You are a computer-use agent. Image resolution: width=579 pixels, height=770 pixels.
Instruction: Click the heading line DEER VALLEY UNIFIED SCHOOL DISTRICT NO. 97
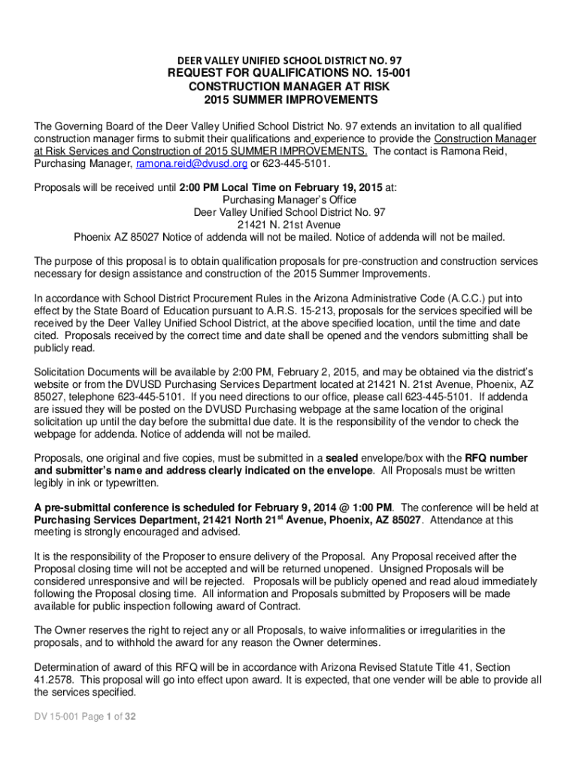[x=289, y=59]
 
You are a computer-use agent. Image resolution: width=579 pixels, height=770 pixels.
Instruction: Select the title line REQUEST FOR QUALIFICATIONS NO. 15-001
[x=289, y=74]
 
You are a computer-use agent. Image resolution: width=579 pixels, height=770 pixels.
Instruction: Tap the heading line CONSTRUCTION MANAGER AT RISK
[x=289, y=87]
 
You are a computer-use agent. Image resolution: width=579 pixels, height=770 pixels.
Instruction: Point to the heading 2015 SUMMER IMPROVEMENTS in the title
[x=289, y=100]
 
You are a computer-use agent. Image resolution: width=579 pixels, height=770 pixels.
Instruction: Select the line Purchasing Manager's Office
[x=289, y=200]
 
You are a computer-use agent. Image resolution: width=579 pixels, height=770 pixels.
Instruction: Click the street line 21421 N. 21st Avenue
[x=289, y=225]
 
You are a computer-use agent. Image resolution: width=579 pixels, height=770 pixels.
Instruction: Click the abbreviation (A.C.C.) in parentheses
[x=437, y=298]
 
